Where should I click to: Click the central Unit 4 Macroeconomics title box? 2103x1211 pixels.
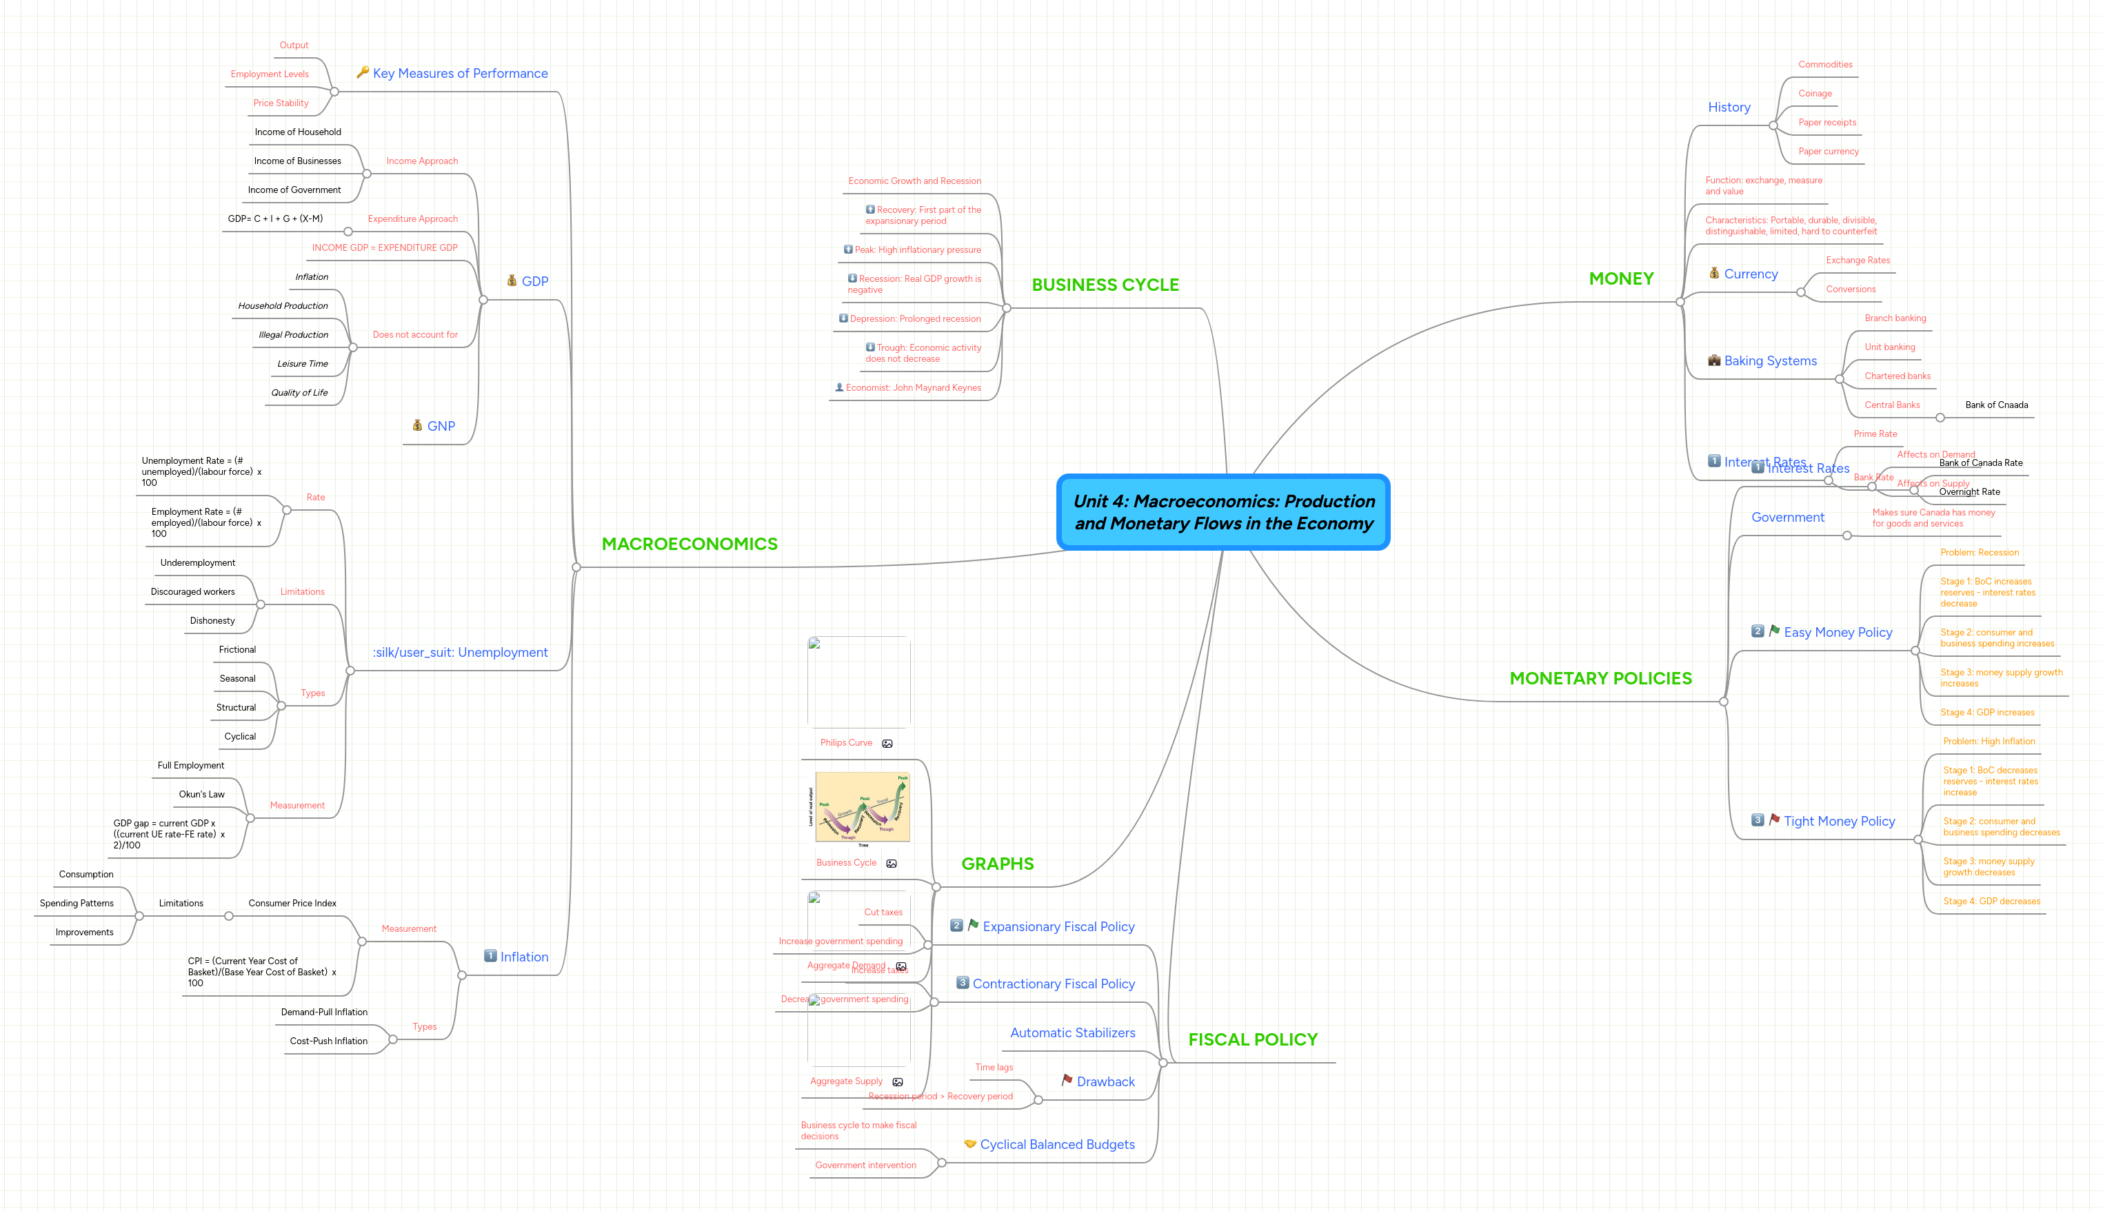pos(1223,511)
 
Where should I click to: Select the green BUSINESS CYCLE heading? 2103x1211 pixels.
pos(1105,285)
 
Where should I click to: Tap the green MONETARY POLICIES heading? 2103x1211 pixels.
pos(1600,678)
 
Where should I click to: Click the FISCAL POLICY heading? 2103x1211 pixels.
pos(1252,1039)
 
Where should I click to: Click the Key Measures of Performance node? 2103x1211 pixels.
pos(459,73)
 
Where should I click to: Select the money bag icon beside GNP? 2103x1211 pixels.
pos(418,425)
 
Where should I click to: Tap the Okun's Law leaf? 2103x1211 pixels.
pos(201,794)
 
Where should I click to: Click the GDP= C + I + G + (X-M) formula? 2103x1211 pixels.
pos(274,218)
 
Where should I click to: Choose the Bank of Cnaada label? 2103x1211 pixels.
pos(1995,405)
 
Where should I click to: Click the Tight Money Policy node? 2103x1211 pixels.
pos(1838,821)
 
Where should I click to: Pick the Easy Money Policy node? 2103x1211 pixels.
pos(1837,632)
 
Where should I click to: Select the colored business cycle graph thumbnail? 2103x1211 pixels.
pos(862,807)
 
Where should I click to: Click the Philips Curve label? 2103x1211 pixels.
pos(845,743)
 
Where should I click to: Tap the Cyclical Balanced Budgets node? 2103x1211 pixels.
pos(1056,1144)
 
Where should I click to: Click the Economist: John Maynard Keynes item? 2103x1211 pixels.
pos(913,387)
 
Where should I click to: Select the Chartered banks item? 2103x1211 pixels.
pos(1897,376)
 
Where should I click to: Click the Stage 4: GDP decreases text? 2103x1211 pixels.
pos(1991,902)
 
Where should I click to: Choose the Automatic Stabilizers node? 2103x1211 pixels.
pos(1071,1033)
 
